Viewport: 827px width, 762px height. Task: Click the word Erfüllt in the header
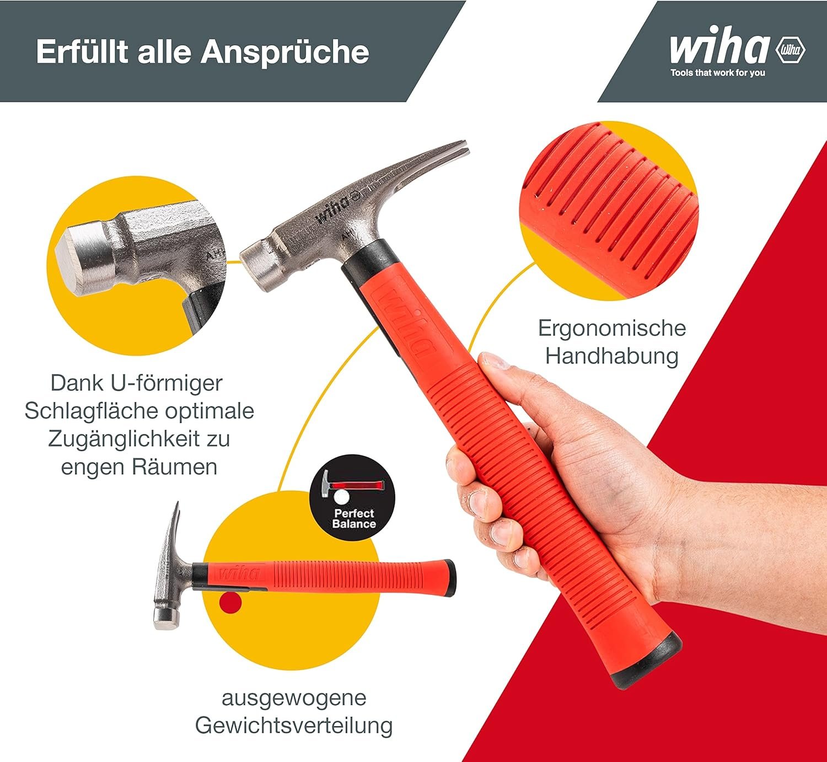click(82, 51)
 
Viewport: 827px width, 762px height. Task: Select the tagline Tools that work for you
click(718, 73)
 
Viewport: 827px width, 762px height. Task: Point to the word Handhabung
click(612, 356)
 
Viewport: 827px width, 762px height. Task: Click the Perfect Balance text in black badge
click(354, 519)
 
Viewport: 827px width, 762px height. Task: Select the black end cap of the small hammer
click(450, 578)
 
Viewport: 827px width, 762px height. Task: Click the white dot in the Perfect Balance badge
click(341, 497)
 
